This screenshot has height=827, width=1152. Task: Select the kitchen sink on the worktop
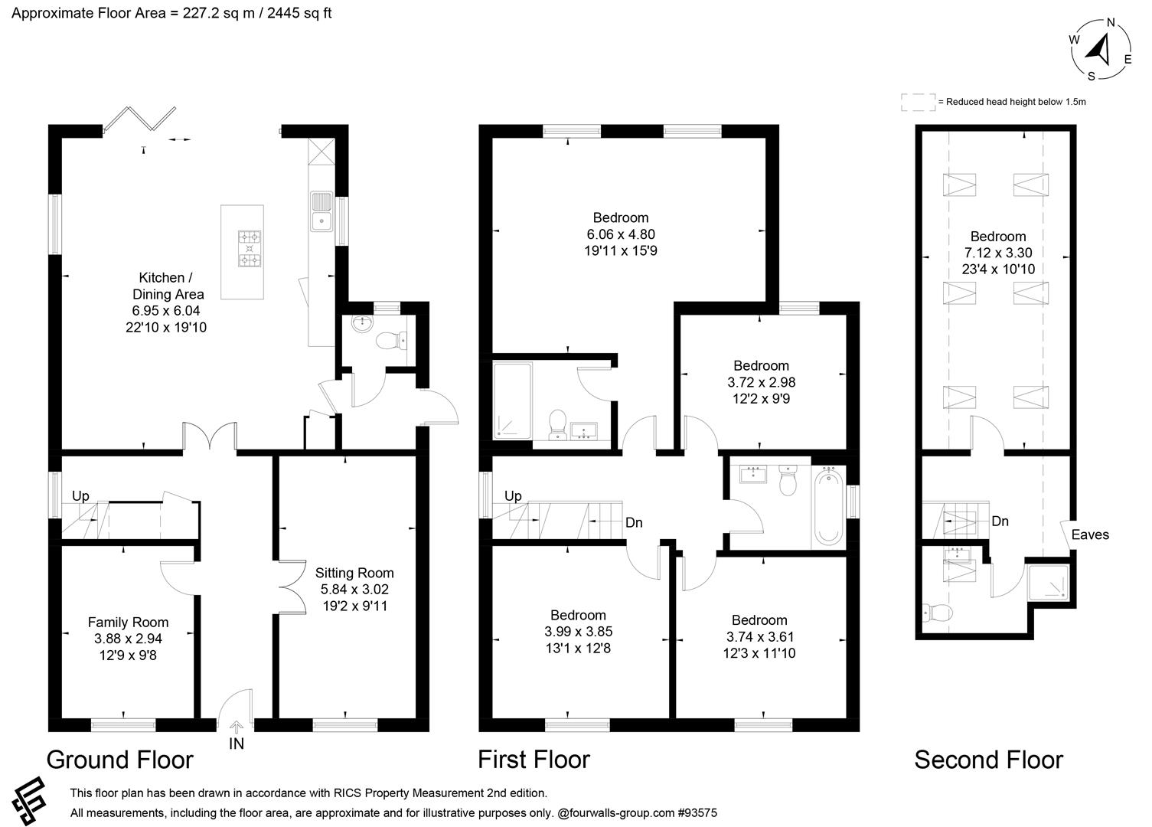(x=321, y=211)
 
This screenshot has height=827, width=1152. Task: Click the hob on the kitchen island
(x=250, y=249)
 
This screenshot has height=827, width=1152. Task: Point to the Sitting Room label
(x=354, y=573)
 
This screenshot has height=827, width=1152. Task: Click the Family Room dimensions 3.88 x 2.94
(x=128, y=639)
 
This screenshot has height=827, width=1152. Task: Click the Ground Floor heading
(x=120, y=760)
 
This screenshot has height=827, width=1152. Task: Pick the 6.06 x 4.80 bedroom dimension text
(x=621, y=234)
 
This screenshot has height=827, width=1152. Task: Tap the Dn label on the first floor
(x=634, y=523)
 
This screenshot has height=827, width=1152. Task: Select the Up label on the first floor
(x=513, y=496)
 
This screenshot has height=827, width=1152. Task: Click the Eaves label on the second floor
(x=1090, y=534)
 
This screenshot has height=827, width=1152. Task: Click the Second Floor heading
(x=988, y=760)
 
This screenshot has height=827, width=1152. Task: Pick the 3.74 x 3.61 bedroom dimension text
(x=760, y=636)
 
